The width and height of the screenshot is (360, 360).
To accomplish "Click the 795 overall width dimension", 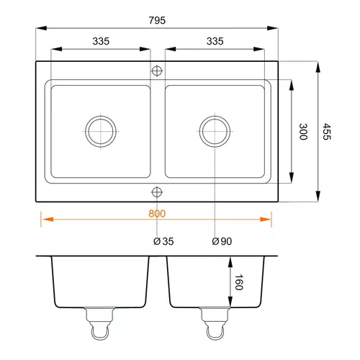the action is (x=157, y=20).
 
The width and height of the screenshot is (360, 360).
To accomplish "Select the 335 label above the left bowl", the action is (x=101, y=41).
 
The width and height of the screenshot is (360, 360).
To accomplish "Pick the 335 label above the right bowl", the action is (x=215, y=41).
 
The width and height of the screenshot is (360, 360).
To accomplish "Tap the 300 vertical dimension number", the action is (x=303, y=132).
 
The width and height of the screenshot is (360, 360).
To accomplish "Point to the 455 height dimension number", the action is (x=326, y=132).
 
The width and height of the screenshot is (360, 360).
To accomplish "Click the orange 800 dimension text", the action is (x=157, y=213).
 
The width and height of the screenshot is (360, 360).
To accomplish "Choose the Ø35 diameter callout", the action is (x=163, y=241).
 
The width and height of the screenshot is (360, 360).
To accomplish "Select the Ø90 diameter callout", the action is (x=222, y=241).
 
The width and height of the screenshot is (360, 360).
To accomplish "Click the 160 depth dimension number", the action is (x=238, y=282).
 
